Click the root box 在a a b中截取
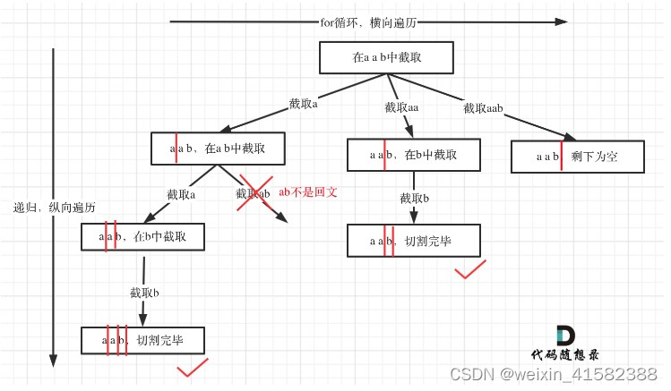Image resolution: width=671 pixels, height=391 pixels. pyautogui.click(x=386, y=58)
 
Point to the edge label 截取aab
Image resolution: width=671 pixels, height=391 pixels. pyautogui.click(x=483, y=108)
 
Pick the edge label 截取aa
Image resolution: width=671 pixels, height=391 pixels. pyautogui.click(x=402, y=107)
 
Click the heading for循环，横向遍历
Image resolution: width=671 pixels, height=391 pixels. pyautogui.click(x=366, y=22)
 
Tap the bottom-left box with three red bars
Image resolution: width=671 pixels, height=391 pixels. pyautogui.click(x=143, y=340)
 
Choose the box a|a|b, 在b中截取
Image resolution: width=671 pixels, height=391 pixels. pyautogui.click(x=143, y=236)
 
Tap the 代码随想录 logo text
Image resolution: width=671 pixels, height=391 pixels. pyautogui.click(x=563, y=353)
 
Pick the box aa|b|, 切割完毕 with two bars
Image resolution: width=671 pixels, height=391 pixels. pyautogui.click(x=413, y=240)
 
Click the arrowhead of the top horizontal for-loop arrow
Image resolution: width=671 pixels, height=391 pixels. pyautogui.click(x=562, y=22)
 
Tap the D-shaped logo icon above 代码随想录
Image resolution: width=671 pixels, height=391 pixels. pyautogui.click(x=564, y=335)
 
